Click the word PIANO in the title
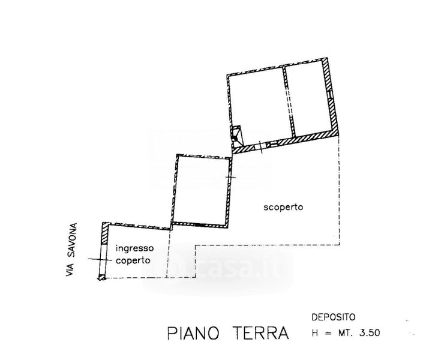[193, 333]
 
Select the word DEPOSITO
[334, 317]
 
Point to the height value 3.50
[370, 332]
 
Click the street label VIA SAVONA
[71, 250]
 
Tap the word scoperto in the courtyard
[283, 208]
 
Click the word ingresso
[134, 248]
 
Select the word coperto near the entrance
[133, 261]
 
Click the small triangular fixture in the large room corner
[236, 136]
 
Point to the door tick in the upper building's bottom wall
[260, 147]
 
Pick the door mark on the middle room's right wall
[230, 177]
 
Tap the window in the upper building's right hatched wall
[330, 95]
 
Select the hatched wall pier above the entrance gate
[104, 233]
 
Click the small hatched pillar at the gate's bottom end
[101, 277]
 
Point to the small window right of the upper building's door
[272, 144]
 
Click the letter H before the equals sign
[315, 332]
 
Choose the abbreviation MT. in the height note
[346, 332]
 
